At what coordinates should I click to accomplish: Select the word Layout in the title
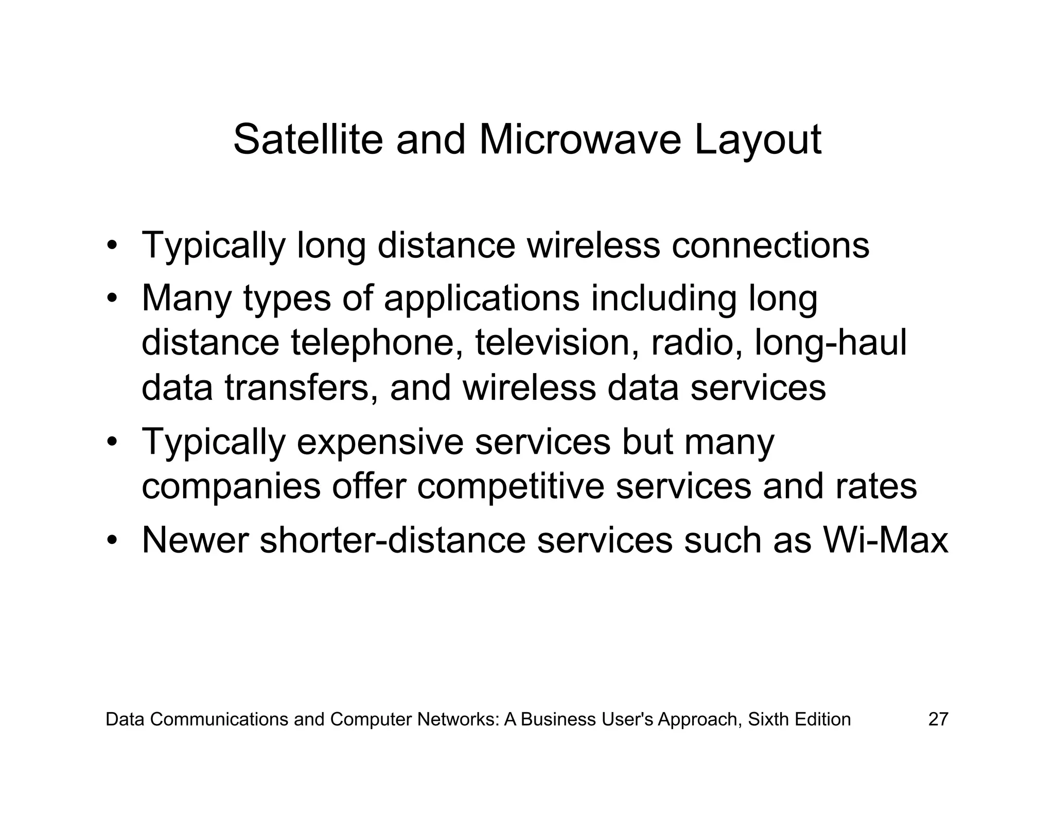pos(758,140)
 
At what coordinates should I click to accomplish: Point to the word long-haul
pos(830,343)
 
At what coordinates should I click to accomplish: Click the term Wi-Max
pos(885,540)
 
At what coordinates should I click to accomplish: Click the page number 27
pos(938,719)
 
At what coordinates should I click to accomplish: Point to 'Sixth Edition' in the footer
pos(799,719)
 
